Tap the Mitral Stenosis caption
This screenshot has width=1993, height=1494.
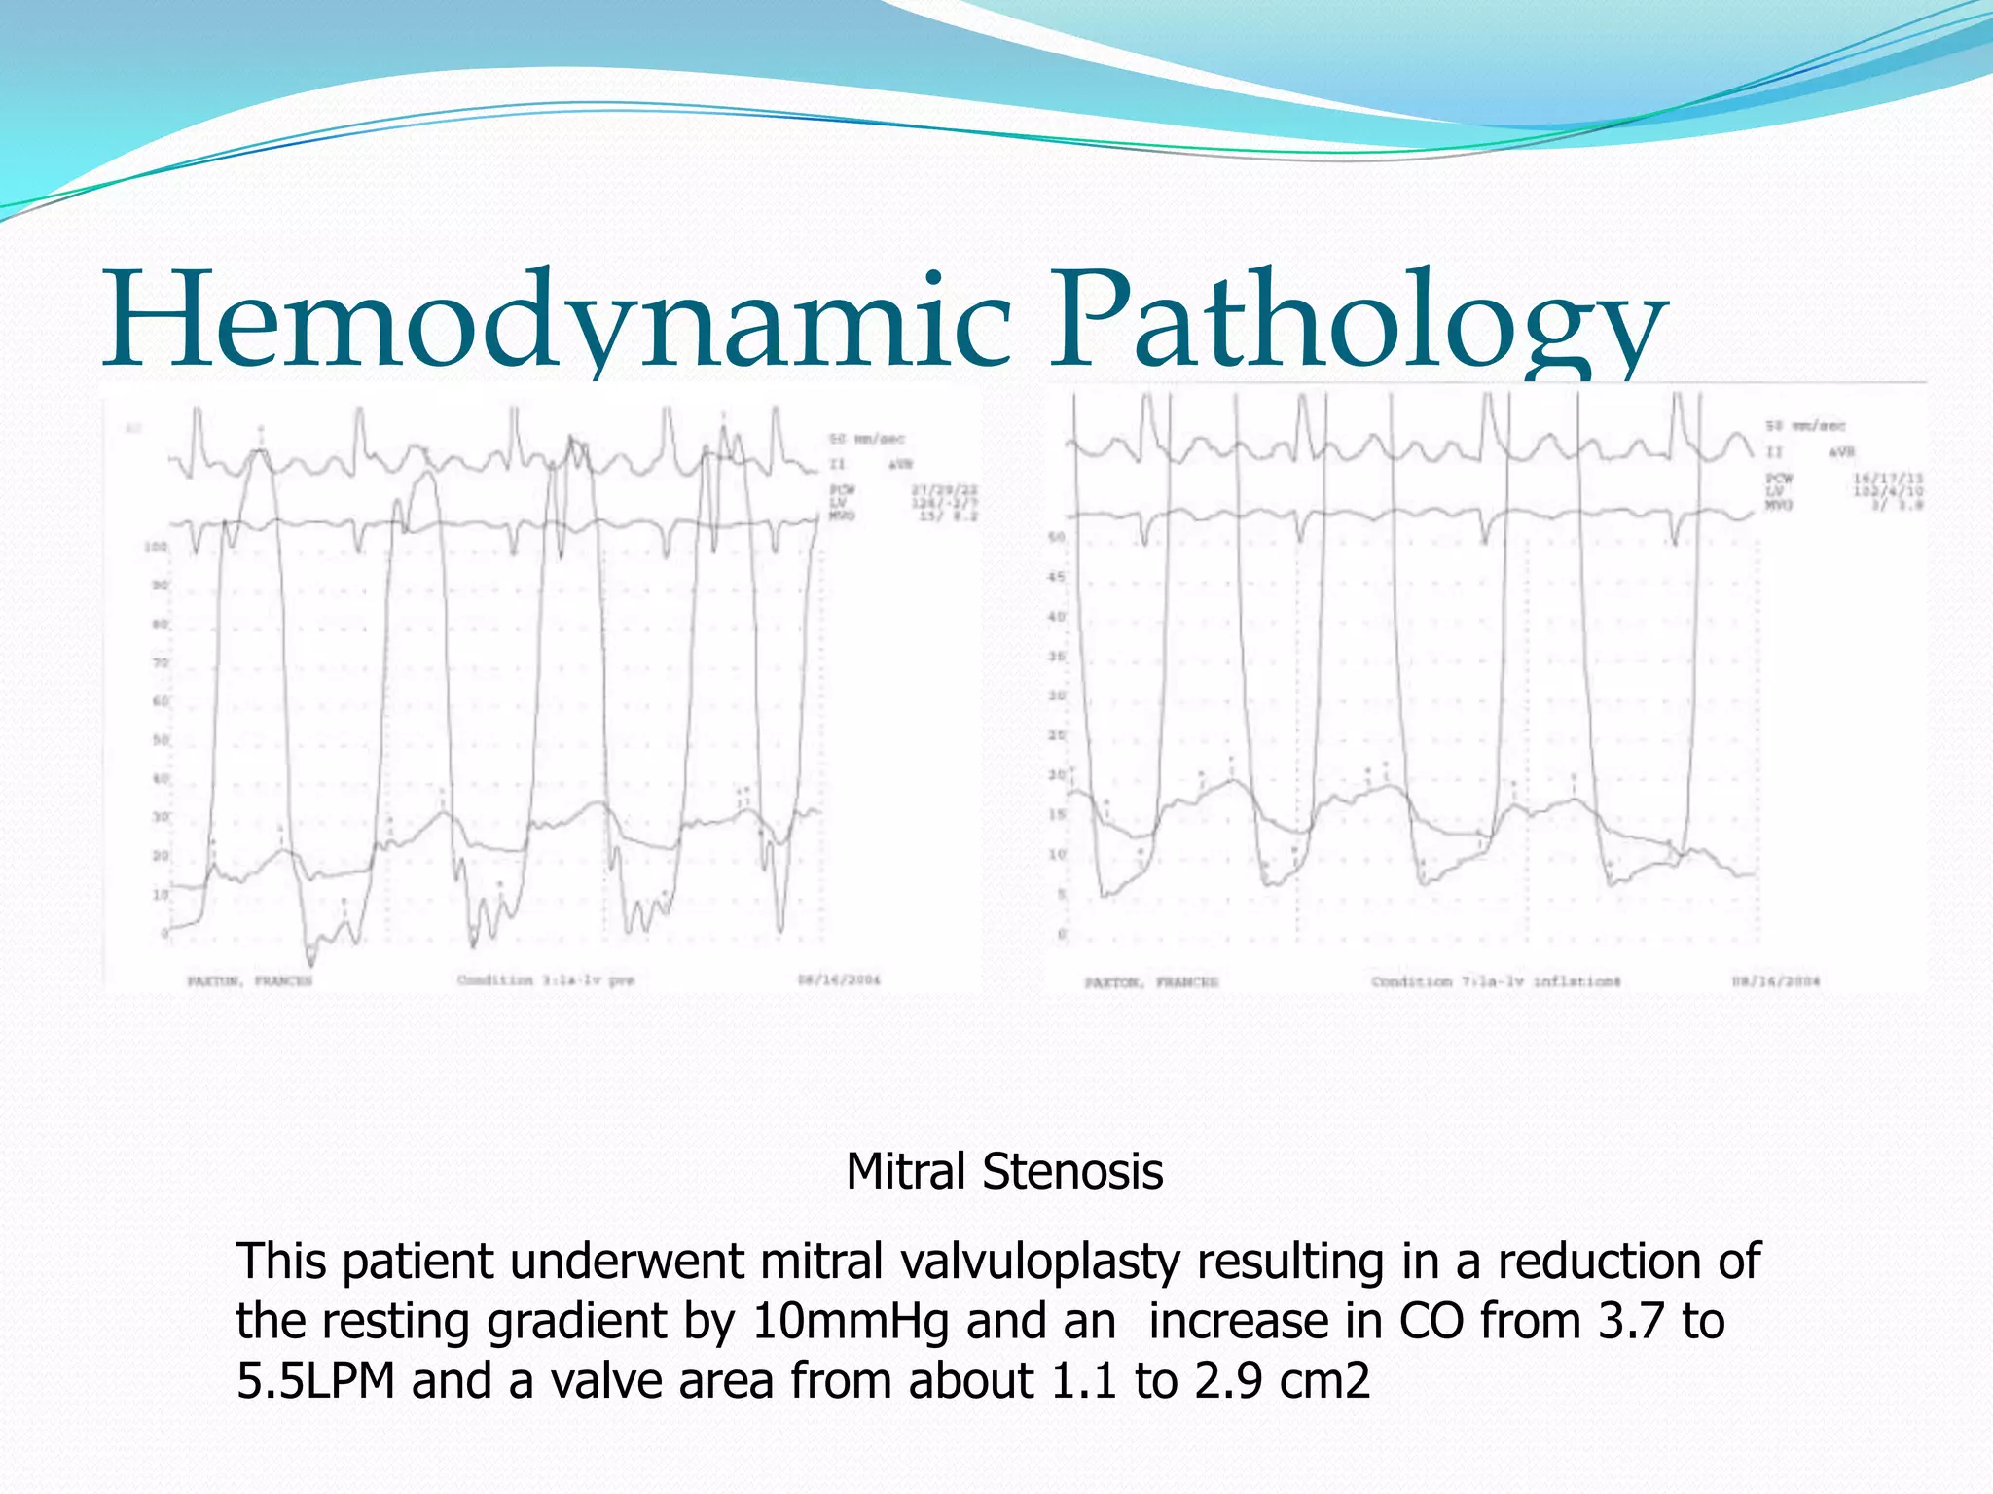1004,1171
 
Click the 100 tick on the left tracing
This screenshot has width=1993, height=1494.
156,548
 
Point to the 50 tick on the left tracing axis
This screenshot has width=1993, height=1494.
160,740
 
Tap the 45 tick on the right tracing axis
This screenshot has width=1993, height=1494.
1057,577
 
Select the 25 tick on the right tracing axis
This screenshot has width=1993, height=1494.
1057,735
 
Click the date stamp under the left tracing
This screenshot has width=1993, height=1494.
839,979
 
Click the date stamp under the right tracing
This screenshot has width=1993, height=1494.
1775,981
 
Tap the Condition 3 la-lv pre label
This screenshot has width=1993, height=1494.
545,979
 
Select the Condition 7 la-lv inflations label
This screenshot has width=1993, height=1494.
1496,981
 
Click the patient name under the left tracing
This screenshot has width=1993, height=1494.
250,980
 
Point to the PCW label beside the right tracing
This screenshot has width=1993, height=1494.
1780,478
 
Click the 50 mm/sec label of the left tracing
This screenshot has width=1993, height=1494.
866,439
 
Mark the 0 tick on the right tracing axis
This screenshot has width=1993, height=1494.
1062,934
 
